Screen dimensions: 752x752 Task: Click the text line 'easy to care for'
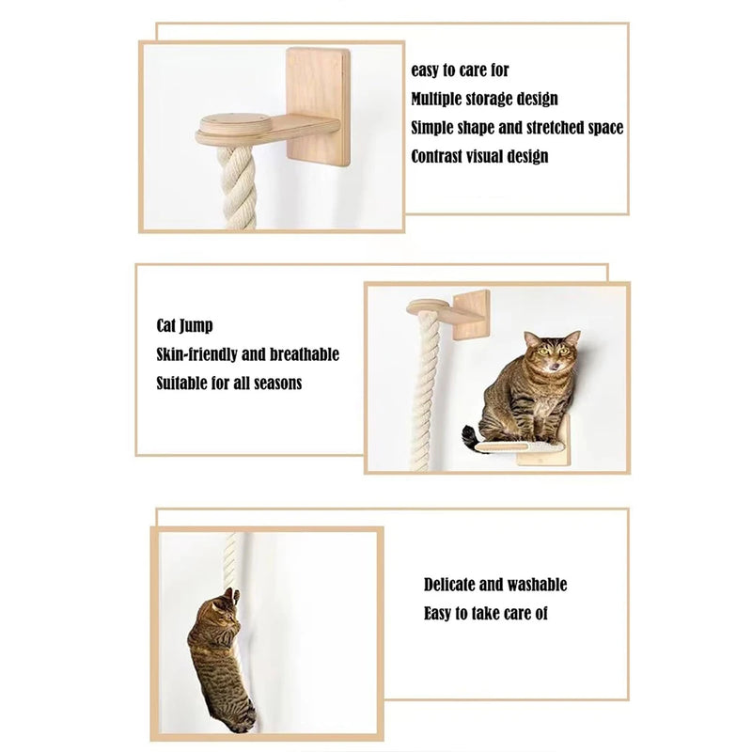click(x=460, y=70)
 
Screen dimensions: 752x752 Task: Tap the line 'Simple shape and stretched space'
click(x=517, y=128)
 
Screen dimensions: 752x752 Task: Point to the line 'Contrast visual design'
click(x=479, y=156)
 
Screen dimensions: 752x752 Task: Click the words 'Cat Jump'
click(x=184, y=326)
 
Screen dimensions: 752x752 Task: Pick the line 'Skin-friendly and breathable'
click(x=247, y=354)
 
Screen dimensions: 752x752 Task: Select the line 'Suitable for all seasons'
click(x=228, y=384)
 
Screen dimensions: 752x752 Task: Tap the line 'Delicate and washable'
click(x=494, y=585)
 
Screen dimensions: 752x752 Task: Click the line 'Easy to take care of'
click(x=485, y=614)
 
